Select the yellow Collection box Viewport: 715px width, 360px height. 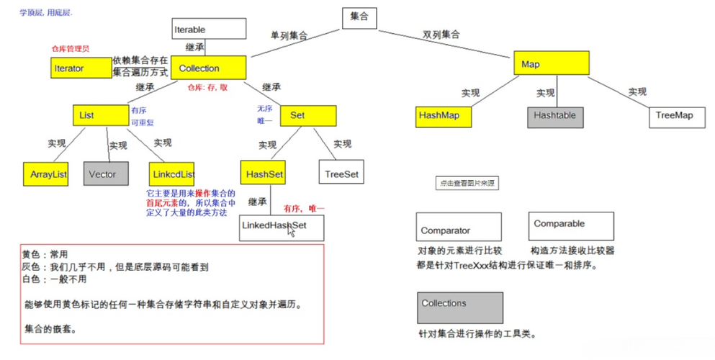(x=209, y=68)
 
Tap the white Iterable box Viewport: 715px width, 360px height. (x=209, y=30)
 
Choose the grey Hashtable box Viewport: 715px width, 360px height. (x=554, y=115)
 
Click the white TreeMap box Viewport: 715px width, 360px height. (x=674, y=115)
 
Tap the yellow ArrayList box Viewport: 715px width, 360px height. (x=48, y=174)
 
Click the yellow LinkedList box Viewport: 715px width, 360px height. (x=172, y=174)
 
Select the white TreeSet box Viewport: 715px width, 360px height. (x=341, y=174)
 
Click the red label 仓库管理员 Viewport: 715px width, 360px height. (x=70, y=48)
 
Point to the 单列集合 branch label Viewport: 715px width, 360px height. (x=289, y=35)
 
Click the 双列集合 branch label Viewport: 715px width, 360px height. (x=441, y=35)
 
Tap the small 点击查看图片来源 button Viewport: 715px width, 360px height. (x=467, y=184)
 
